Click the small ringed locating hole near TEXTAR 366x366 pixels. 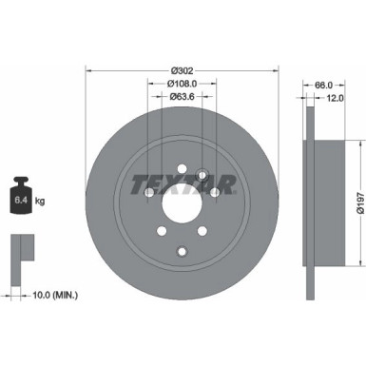(x=202, y=174)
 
